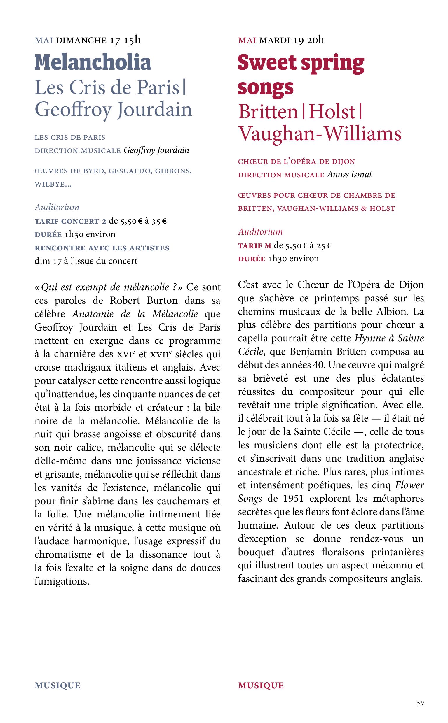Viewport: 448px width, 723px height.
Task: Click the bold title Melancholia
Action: tap(93, 62)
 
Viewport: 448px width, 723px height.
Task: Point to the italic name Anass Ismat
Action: tap(349, 174)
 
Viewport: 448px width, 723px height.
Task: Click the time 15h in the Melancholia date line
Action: tap(132, 40)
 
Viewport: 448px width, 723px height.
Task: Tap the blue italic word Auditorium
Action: tap(57, 207)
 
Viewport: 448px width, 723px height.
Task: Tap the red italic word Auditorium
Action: tap(260, 231)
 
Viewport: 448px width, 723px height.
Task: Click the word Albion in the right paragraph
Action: tap(391, 312)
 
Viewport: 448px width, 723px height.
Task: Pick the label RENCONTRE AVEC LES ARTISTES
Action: tap(102, 248)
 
